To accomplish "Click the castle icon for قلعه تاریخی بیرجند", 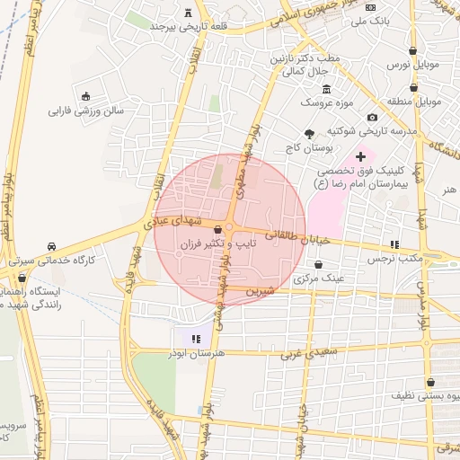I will point(188,13).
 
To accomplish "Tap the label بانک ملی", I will point(392,20).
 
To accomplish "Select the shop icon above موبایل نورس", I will point(412,51).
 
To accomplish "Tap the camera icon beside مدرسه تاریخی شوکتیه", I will point(372,117).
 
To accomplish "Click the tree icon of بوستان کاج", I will point(310,133).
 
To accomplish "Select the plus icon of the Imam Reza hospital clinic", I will point(360,156).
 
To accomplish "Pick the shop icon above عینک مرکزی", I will point(319,264).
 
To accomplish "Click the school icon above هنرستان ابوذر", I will point(196,340).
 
